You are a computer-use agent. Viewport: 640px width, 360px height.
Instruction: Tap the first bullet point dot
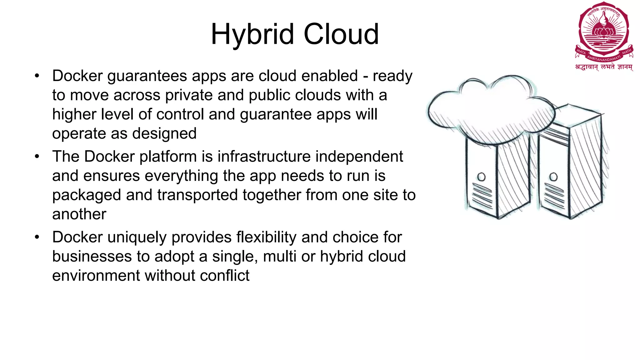[x=37, y=76]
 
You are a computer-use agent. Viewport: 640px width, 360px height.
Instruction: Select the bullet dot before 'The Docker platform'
[x=37, y=157]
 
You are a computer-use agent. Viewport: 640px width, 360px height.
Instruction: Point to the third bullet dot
[x=37, y=237]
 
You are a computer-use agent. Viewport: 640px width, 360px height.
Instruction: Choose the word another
[x=79, y=214]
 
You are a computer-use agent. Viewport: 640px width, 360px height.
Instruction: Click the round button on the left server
[x=482, y=177]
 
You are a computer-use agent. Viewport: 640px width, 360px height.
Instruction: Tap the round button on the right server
[x=553, y=177]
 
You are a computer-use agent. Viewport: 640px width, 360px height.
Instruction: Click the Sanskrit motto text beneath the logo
[x=604, y=67]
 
